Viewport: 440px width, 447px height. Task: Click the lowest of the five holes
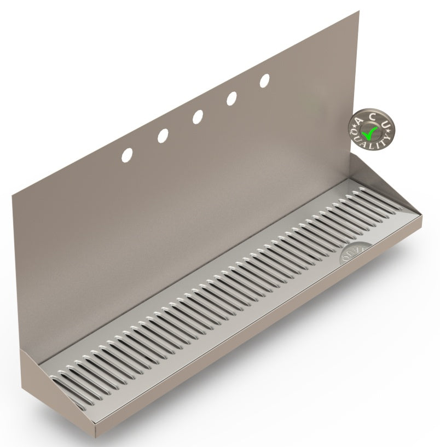tap(127, 155)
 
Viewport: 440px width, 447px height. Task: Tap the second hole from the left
tap(163, 136)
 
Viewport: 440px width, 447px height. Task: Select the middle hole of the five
tap(198, 117)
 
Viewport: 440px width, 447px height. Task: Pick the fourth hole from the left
tap(231, 98)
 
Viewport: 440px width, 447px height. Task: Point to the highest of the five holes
tap(265, 80)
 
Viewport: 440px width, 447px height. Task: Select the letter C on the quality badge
tap(373, 116)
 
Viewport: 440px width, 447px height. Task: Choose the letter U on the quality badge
tap(385, 126)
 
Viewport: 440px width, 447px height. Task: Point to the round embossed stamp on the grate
tap(350, 253)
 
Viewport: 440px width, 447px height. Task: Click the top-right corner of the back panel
tap(358, 11)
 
